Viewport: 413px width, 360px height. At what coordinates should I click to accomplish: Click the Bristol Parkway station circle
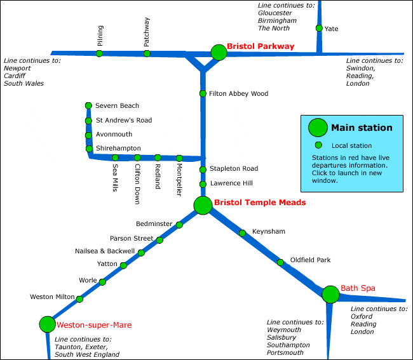tap(219, 52)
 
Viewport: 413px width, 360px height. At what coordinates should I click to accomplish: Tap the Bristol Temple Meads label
tap(260, 203)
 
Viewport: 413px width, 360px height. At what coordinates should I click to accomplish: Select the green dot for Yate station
tap(319, 28)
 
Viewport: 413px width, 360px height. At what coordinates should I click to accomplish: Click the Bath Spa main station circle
tap(330, 294)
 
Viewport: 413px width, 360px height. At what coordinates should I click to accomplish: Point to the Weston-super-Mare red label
tap(94, 325)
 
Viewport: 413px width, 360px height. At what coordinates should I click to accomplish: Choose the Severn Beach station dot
tap(88, 105)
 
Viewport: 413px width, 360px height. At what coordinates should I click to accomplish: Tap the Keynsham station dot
tap(242, 233)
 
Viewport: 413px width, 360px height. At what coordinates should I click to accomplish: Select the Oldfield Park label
tap(310, 260)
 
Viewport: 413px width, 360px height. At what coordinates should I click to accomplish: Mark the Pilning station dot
tap(99, 53)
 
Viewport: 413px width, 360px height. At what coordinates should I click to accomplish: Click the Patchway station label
tap(147, 32)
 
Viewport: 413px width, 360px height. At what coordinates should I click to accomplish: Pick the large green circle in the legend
tap(318, 128)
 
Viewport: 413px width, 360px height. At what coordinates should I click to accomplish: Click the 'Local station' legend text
tap(351, 146)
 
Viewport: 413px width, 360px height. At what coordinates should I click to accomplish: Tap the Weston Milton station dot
tap(79, 299)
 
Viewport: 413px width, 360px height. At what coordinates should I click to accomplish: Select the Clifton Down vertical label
tap(137, 184)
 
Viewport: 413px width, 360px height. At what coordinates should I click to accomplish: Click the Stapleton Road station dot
tap(203, 170)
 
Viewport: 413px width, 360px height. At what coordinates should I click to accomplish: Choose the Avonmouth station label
tap(114, 135)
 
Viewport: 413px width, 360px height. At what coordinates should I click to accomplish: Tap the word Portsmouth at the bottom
tap(285, 353)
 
